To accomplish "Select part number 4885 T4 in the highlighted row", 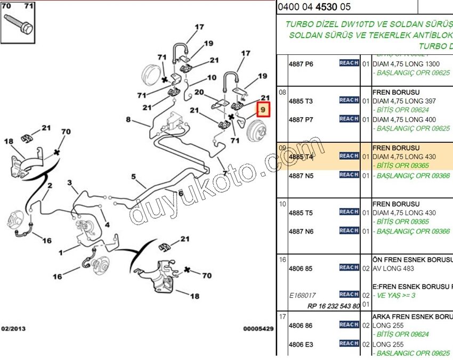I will pos(301,157).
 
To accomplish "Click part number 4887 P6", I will pos(301,64).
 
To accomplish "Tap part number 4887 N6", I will pos(301,232).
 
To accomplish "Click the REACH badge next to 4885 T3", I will pos(349,100).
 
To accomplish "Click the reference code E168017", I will pos(302,295).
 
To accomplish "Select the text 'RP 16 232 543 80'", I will pos(334,306).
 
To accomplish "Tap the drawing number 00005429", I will pos(258,329).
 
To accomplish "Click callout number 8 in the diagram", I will pos(128,120).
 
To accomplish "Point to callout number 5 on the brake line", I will pos(134,176).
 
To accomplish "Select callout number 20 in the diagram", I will pos(199,92).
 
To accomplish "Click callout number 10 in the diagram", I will pos(212,78).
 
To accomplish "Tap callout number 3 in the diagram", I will pos(69,183).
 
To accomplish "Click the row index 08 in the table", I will pos(282,92).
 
